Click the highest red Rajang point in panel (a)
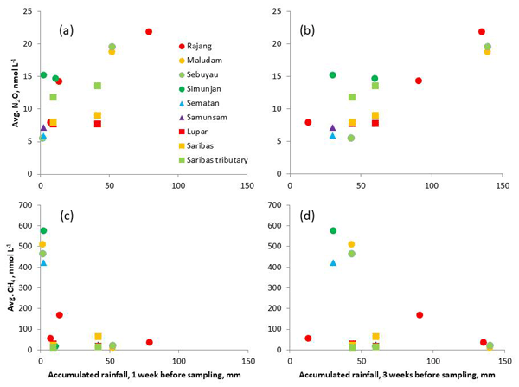point(149,31)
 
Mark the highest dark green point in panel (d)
point(332,230)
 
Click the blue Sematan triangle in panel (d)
point(332,262)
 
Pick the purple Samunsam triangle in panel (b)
point(332,127)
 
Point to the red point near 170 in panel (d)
point(419,315)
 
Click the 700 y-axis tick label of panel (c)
point(25,205)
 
